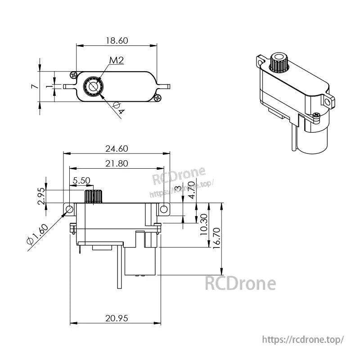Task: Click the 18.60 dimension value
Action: pyautogui.click(x=117, y=40)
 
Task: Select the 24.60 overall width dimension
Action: pyautogui.click(x=117, y=148)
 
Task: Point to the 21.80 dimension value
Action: pyautogui.click(x=116, y=163)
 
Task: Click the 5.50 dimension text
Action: pyautogui.click(x=81, y=180)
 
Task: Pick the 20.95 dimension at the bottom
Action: pyautogui.click(x=117, y=318)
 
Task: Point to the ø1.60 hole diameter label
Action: pyautogui.click(x=37, y=234)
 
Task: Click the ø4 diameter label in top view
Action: pyautogui.click(x=117, y=108)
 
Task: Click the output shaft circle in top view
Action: pyautogui.click(x=93, y=85)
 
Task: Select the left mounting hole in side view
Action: pyautogui.click(x=70, y=209)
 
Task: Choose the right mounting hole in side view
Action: pyautogui.click(x=164, y=209)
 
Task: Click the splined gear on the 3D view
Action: pyautogui.click(x=279, y=63)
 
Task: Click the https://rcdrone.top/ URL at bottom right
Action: pyautogui.click(x=302, y=339)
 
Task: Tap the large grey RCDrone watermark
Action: pyautogui.click(x=240, y=283)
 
